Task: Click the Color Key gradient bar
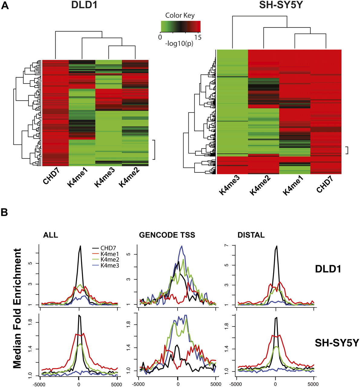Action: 180,26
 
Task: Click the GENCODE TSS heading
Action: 167,235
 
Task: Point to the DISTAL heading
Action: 251,235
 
